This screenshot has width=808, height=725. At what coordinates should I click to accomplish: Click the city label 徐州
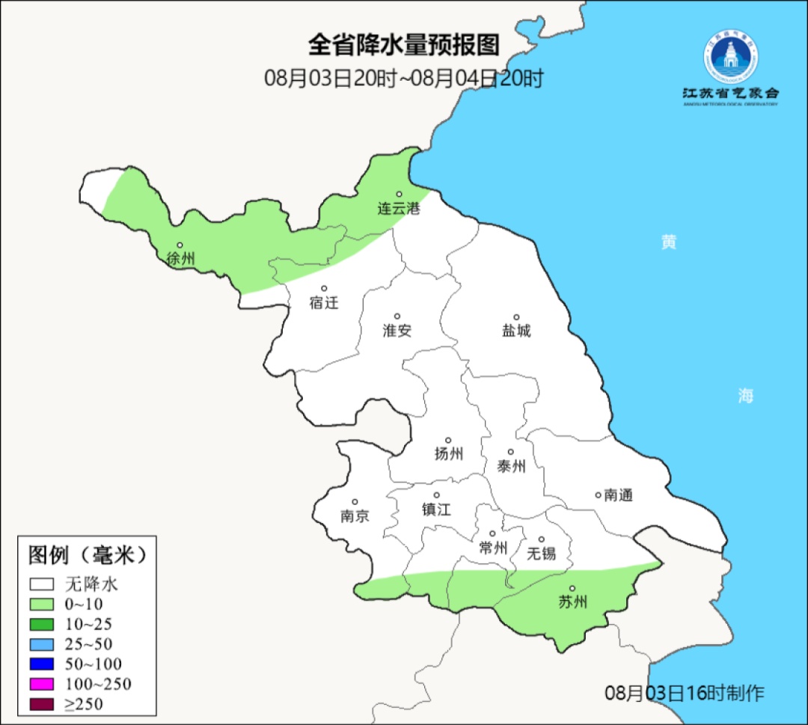coord(181,260)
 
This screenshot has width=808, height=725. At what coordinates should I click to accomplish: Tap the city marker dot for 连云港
coord(399,194)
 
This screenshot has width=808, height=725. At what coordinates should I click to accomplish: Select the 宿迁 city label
coord(324,303)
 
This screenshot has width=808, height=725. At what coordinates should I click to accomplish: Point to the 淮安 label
coord(397,331)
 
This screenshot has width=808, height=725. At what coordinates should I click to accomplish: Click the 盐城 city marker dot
coord(515,317)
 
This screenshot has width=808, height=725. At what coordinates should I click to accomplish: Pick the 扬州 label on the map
coord(449,453)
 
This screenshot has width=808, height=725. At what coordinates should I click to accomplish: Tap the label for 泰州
coord(511,467)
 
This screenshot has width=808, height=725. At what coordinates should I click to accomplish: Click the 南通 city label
coord(619,495)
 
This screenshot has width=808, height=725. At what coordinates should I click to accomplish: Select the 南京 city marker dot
coord(355,502)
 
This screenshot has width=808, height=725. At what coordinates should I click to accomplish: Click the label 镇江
coord(437,510)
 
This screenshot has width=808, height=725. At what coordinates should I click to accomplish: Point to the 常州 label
coord(493,548)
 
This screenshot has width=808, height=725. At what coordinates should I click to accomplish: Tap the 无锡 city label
coord(542,554)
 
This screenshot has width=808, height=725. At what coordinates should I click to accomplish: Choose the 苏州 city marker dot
coord(572,589)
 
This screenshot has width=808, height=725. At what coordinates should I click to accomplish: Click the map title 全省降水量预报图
coord(404,45)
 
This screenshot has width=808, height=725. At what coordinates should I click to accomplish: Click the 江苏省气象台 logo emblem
coord(730,55)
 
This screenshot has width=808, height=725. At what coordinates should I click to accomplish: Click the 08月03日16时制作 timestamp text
coord(685,693)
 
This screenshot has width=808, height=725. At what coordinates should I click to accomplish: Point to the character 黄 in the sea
coord(668,242)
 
